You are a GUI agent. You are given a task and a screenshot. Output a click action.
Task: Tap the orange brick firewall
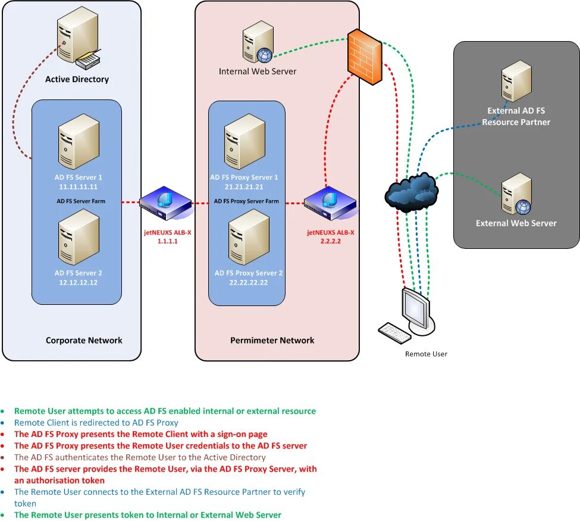[364, 57]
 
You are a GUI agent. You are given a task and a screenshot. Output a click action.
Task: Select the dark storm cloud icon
[411, 192]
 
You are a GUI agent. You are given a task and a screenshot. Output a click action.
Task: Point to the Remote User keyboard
[394, 332]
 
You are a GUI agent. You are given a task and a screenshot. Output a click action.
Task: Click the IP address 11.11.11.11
[79, 186]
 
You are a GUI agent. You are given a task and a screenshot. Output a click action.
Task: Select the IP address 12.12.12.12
[79, 282]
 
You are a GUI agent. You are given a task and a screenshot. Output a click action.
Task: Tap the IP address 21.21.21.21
[244, 186]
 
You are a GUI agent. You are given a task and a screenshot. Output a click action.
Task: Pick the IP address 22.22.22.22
[249, 282]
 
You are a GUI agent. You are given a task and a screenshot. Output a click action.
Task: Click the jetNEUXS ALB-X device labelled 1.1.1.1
[165, 204]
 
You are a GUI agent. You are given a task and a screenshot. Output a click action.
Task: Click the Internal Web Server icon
[258, 42]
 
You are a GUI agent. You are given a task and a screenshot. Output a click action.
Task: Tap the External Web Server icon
[516, 194]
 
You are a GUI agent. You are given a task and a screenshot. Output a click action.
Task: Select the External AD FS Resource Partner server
[516, 81]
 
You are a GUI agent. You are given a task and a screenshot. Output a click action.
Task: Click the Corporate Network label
[84, 341]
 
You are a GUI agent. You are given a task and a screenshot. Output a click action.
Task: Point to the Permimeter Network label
[272, 341]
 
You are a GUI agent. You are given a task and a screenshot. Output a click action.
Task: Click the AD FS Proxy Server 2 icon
[249, 237]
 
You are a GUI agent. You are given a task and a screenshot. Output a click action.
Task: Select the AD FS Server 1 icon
[79, 142]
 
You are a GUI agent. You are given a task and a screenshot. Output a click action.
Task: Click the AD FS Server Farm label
[81, 201]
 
